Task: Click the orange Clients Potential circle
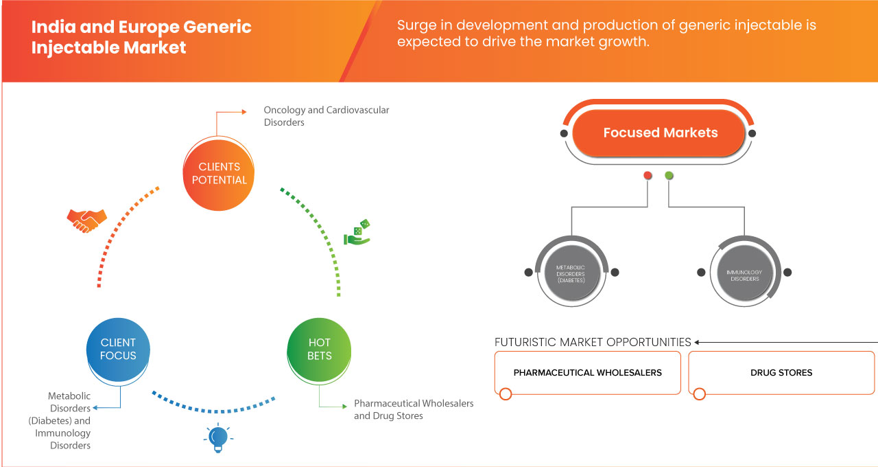219,173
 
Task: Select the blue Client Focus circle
119,349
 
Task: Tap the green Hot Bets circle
319,349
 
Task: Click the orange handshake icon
86,220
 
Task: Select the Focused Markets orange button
660,133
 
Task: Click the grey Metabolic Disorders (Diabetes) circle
571,272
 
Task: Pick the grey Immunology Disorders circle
744,272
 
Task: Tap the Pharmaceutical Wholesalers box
587,372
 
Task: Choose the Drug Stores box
781,372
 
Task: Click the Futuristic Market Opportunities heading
593,342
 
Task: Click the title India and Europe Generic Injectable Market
141,38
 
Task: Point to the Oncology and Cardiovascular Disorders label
327,116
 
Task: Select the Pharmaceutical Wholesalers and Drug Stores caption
413,409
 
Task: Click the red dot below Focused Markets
648,176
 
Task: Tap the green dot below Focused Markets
669,176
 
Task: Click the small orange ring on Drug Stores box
699,394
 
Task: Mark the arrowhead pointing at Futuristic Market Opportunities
698,342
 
